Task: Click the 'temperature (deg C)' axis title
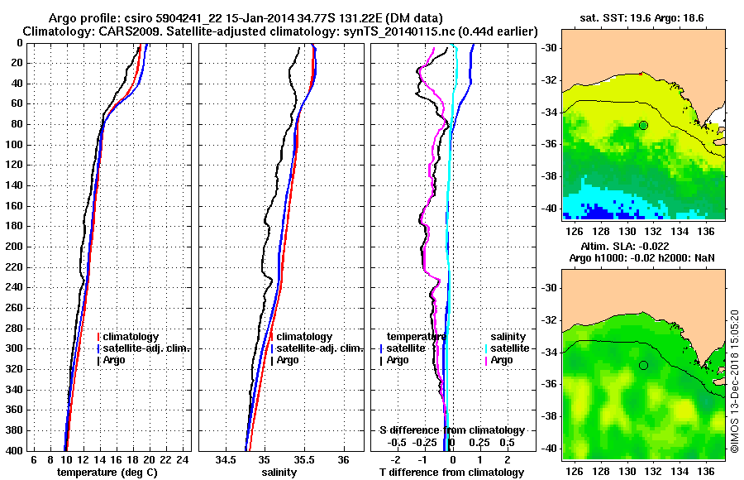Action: (x=107, y=473)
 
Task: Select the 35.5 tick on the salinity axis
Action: (x=303, y=459)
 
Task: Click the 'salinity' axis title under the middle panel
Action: (x=281, y=473)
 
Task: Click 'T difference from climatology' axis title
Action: (x=451, y=473)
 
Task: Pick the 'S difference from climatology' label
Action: (x=451, y=430)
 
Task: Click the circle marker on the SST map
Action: (x=643, y=125)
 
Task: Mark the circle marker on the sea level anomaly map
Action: (x=643, y=365)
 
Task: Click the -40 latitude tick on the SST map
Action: (x=550, y=208)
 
